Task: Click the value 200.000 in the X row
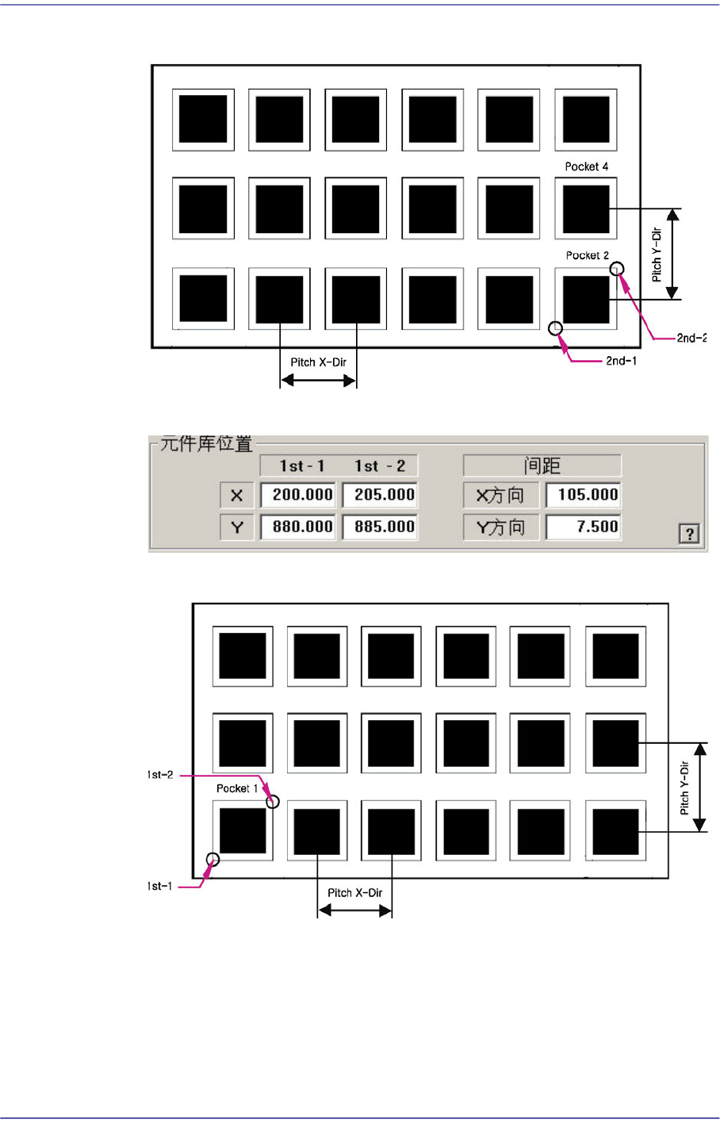click(x=298, y=495)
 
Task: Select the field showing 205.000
click(x=380, y=495)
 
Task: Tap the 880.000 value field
click(x=298, y=527)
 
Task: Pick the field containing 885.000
click(x=380, y=527)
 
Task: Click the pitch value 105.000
click(x=584, y=495)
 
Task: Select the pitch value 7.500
click(x=584, y=527)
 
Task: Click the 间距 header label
click(x=542, y=466)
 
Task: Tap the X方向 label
click(x=500, y=496)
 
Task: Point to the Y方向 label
click(x=500, y=527)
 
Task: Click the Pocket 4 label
click(x=587, y=167)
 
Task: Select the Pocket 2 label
click(x=588, y=255)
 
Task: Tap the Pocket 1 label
click(x=237, y=788)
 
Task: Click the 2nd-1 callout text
click(x=621, y=361)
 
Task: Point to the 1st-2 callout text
click(x=160, y=775)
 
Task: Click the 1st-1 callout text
click(x=160, y=886)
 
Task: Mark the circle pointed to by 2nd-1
click(x=556, y=328)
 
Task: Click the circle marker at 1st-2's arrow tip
click(x=273, y=802)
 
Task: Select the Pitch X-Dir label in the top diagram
click(x=318, y=362)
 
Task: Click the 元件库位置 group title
click(x=206, y=444)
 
